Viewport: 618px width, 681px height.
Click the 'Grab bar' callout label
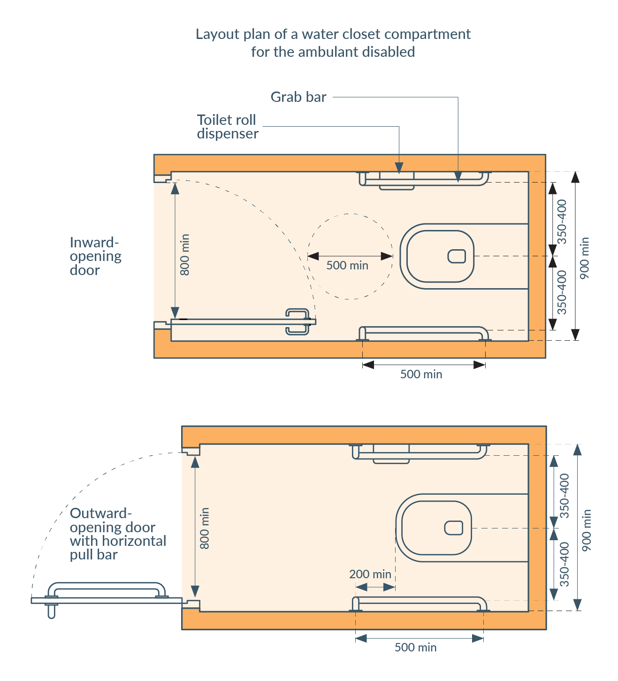coord(298,97)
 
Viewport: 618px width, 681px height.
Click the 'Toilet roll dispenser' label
coord(228,127)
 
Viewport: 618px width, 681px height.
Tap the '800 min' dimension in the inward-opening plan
coord(185,255)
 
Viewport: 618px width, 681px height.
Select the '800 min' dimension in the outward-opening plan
coord(204,528)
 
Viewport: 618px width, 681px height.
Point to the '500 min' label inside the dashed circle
coord(347,266)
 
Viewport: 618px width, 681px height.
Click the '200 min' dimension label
coord(370,574)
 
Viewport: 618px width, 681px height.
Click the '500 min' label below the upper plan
coord(421,374)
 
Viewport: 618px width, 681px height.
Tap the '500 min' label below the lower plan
coord(415,648)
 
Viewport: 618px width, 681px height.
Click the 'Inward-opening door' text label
coord(95,256)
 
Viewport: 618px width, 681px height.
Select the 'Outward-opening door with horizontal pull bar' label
coord(118,534)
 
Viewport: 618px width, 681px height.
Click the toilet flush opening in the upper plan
coord(457,256)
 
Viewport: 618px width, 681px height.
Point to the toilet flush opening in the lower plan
coord(453,528)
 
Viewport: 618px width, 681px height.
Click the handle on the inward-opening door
coord(298,322)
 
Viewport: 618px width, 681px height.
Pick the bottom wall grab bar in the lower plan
coord(419,600)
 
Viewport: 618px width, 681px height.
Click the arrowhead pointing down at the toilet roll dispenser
coord(399,168)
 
